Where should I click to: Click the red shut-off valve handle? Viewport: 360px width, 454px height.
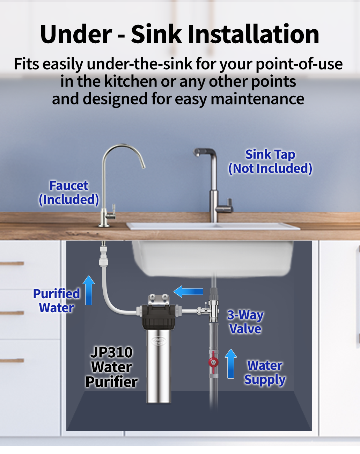point(213,362)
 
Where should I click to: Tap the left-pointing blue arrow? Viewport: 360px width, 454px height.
point(188,292)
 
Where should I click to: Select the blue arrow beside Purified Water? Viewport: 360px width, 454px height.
point(89,290)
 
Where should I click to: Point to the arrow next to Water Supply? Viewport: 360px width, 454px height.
point(231,364)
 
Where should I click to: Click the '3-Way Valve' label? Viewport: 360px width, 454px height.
point(245,322)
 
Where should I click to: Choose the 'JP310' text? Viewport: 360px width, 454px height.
point(111,352)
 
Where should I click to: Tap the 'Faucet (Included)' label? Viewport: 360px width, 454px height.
point(69,193)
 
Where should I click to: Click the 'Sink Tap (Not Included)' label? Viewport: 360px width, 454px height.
point(270,162)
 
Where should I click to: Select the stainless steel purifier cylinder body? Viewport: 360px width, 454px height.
point(159,366)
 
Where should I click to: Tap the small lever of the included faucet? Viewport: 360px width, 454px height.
point(114,209)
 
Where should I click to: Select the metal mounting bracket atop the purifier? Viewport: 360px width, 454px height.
point(159,299)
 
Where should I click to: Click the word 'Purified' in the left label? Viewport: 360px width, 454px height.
point(57,294)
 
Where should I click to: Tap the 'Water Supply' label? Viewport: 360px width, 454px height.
point(265,373)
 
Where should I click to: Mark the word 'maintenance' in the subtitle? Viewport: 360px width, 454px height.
point(257,99)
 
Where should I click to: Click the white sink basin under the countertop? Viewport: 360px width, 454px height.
point(213,258)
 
